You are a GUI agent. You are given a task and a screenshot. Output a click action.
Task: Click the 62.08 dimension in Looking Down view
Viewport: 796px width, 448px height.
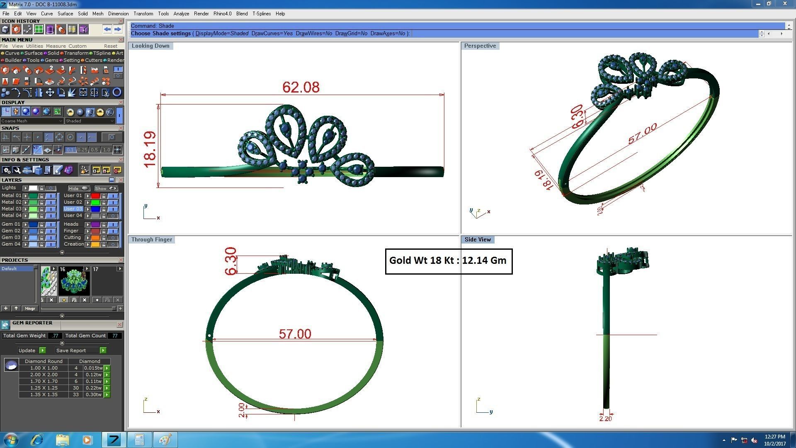point(301,87)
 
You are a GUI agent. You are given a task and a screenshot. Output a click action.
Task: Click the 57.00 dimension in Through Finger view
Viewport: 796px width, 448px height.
point(295,334)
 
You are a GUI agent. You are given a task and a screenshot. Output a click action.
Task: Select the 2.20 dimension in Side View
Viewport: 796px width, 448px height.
point(605,419)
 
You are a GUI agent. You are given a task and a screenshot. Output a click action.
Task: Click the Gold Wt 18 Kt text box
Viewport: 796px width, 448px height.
point(448,261)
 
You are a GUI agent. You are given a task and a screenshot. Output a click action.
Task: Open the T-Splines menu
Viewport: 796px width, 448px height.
point(261,14)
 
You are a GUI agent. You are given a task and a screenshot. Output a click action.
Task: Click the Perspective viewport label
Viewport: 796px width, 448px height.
point(480,46)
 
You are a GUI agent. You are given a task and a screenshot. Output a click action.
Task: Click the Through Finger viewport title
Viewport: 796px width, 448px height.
point(151,240)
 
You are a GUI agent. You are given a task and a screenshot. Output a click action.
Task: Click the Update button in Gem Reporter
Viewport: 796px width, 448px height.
point(27,351)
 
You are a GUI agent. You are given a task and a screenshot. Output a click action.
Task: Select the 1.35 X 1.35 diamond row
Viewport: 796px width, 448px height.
point(44,394)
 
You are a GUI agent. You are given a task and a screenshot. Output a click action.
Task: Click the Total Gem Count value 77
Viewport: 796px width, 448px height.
point(114,336)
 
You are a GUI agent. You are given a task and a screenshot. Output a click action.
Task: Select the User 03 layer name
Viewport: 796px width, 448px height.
point(73,209)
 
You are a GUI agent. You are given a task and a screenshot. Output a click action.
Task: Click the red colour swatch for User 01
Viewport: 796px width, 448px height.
point(95,196)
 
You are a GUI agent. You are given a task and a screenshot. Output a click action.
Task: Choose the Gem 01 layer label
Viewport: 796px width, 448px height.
point(11,224)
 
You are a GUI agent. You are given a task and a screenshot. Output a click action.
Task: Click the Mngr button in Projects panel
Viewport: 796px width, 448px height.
point(30,308)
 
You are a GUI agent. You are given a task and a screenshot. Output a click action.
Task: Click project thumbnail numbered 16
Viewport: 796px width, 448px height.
point(74,281)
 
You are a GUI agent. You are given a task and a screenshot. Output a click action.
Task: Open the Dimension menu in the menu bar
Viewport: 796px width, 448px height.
point(118,14)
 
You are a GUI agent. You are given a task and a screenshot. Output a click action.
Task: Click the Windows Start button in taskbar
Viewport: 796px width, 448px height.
point(10,440)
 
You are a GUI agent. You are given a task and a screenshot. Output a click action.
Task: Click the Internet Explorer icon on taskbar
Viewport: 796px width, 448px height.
point(37,440)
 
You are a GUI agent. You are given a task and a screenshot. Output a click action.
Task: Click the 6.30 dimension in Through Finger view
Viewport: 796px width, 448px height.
point(231,261)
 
